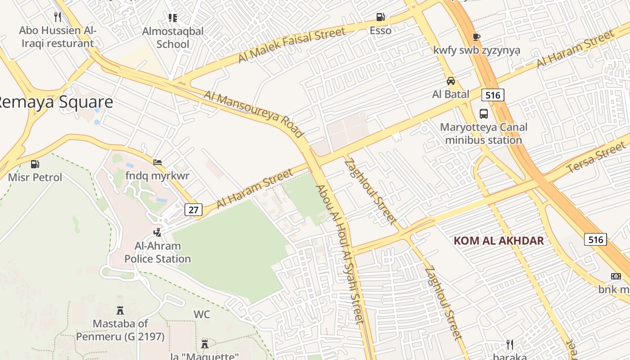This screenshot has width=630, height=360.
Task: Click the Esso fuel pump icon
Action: point(381,18)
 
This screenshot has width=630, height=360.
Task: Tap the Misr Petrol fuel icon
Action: point(35,165)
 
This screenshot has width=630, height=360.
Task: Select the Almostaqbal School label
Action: point(173,38)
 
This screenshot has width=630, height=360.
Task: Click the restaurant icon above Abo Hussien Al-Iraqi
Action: point(57,17)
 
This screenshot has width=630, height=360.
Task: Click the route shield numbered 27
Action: point(193,210)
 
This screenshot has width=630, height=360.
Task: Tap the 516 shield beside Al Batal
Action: point(492,95)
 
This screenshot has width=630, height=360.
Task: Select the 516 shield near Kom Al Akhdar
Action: point(595,239)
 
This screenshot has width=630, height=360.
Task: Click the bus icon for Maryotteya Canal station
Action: point(484,114)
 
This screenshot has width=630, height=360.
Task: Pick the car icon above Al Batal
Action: point(450,81)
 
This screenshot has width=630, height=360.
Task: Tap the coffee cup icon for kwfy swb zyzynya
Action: point(477,37)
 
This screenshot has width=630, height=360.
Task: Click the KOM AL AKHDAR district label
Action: point(499,241)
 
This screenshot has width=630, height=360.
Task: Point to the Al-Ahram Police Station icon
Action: point(157,233)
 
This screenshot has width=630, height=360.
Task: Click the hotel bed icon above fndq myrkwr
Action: point(157,162)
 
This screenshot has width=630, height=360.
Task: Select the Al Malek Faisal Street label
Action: point(292,44)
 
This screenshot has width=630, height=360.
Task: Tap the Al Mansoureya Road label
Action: point(254,114)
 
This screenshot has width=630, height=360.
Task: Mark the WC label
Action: point(202,314)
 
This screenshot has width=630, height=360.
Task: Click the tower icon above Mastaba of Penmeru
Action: point(120,310)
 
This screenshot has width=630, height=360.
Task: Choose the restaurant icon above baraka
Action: point(510,345)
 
